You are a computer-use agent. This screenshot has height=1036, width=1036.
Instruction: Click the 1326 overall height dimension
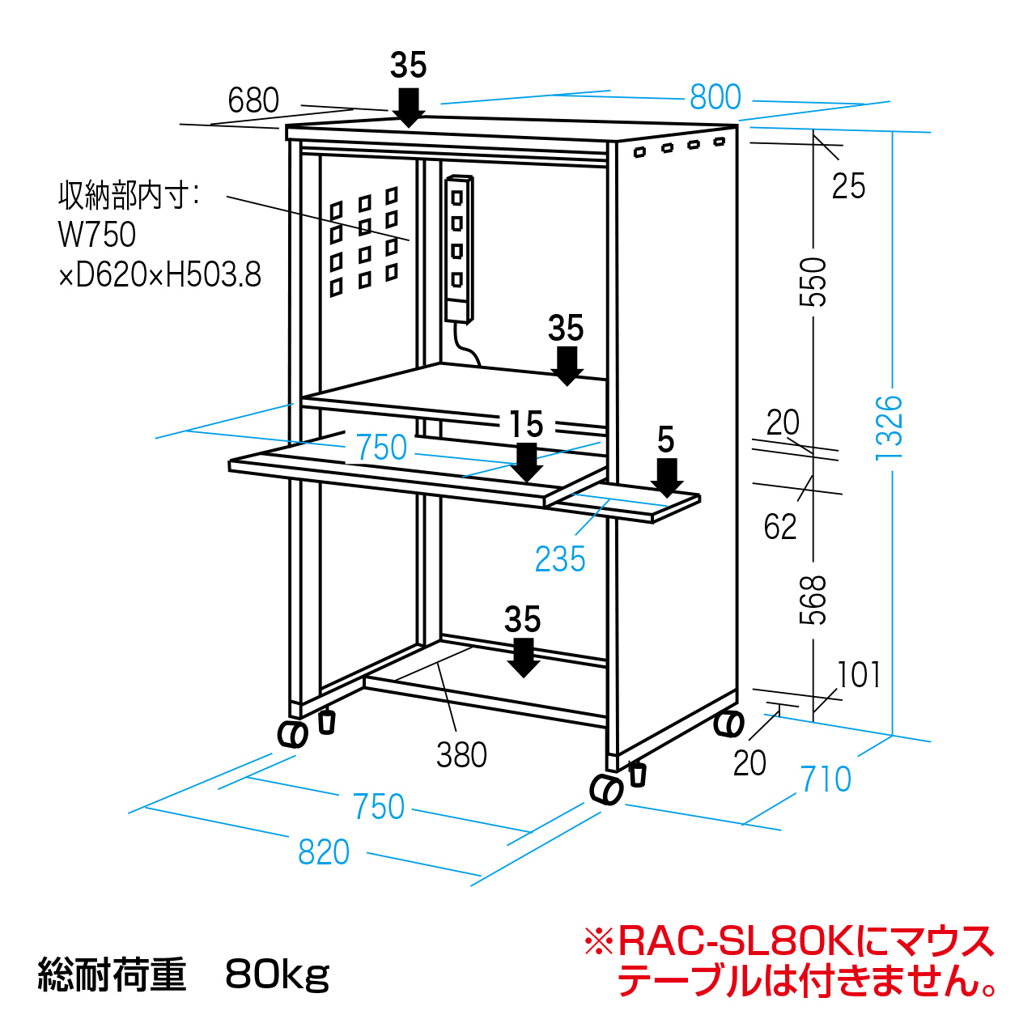[889, 427]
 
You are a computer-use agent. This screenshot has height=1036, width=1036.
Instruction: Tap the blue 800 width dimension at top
[715, 98]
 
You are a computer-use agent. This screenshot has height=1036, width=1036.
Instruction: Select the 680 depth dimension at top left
[253, 101]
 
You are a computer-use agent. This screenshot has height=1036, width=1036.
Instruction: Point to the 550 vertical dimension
[814, 282]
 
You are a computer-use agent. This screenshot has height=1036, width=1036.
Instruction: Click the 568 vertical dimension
[814, 600]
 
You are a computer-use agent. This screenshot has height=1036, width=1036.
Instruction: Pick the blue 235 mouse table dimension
[560, 559]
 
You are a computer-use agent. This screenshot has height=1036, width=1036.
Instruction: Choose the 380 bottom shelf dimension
[461, 755]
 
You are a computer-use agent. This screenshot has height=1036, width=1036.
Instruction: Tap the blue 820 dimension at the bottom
[324, 852]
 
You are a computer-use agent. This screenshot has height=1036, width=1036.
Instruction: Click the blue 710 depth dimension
[826, 779]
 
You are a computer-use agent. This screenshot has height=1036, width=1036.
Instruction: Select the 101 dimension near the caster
[859, 674]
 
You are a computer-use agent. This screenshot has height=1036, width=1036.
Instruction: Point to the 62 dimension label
[780, 527]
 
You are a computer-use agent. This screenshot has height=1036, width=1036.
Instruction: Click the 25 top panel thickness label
[848, 186]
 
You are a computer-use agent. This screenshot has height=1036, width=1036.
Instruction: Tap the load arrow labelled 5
[667, 478]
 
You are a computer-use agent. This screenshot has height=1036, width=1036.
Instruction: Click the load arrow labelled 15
[527, 462]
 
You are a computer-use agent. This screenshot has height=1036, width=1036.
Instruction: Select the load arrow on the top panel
[409, 107]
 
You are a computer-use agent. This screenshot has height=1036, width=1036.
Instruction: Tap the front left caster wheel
[292, 733]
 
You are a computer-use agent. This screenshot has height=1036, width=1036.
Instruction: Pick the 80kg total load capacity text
[278, 974]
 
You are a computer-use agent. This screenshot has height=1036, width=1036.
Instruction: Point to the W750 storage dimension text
[97, 235]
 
